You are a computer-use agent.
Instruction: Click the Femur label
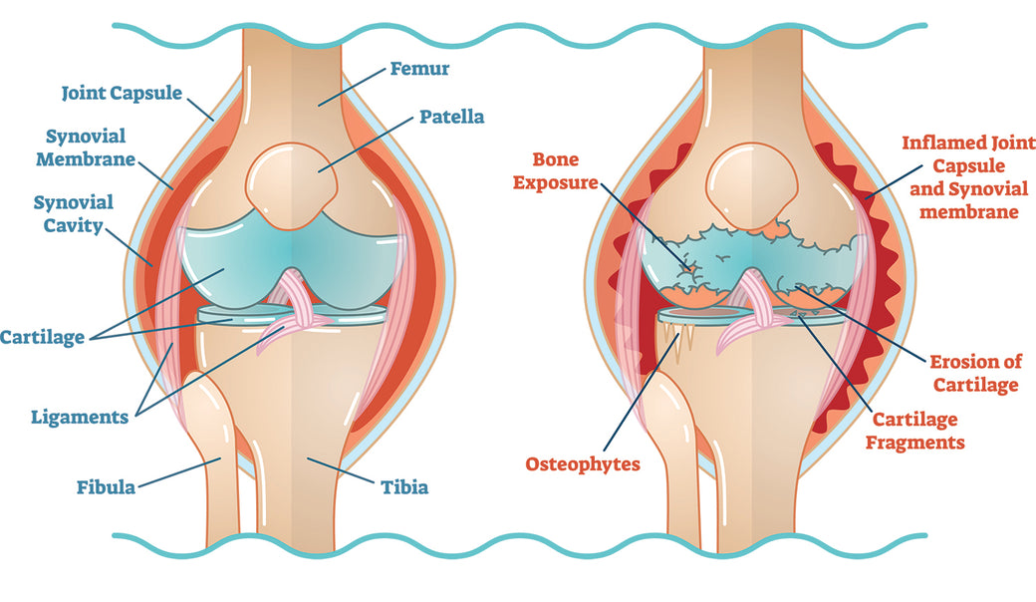[419, 69]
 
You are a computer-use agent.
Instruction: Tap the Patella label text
[452, 117]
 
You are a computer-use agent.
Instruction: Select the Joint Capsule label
[122, 93]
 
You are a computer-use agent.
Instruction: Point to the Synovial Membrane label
[86, 148]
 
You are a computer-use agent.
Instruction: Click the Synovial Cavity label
[73, 213]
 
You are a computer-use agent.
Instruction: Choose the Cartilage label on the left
[42, 337]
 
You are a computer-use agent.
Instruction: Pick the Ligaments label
[80, 418]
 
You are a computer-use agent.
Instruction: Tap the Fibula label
[106, 487]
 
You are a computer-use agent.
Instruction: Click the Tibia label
[404, 487]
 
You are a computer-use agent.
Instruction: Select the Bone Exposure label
[556, 171]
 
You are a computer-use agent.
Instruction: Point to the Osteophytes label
[583, 464]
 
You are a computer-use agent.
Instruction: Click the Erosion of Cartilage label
[976, 374]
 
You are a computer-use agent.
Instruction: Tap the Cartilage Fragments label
[915, 431]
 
